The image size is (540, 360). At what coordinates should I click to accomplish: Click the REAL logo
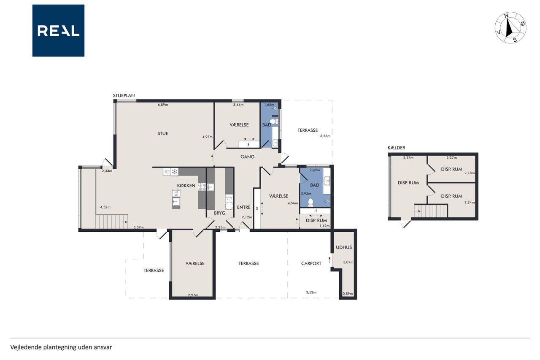58,31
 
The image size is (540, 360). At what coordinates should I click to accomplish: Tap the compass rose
510,28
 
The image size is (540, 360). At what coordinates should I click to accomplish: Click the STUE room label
163,134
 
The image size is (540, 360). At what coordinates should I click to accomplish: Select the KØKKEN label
186,186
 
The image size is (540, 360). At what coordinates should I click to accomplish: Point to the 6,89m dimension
163,105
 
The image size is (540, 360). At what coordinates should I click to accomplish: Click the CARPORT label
311,263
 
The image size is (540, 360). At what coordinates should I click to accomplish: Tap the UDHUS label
344,247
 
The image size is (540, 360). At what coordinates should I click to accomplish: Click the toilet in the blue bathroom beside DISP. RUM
310,203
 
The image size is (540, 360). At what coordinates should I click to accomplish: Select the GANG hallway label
247,157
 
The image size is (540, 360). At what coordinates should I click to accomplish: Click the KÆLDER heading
396,148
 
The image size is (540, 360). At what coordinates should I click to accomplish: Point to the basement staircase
431,211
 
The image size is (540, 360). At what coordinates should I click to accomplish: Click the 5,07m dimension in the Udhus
348,262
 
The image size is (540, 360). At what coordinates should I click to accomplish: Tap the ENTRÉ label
244,207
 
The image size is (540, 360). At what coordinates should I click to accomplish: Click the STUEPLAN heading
124,95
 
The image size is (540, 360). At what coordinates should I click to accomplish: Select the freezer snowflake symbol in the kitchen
175,172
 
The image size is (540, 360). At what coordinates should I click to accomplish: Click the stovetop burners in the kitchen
202,187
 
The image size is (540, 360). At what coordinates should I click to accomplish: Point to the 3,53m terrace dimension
325,136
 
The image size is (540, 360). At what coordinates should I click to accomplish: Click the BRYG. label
220,213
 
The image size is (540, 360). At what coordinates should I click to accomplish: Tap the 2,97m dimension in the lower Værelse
193,295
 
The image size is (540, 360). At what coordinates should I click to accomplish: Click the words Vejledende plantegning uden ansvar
61,347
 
